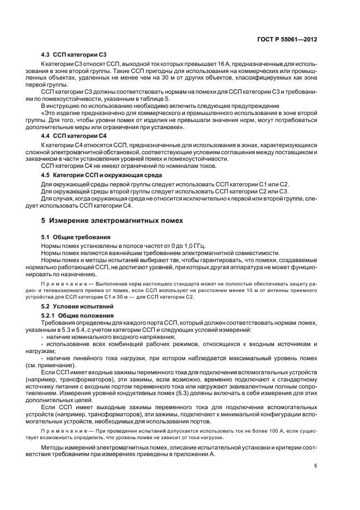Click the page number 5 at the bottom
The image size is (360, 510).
point(316,465)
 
